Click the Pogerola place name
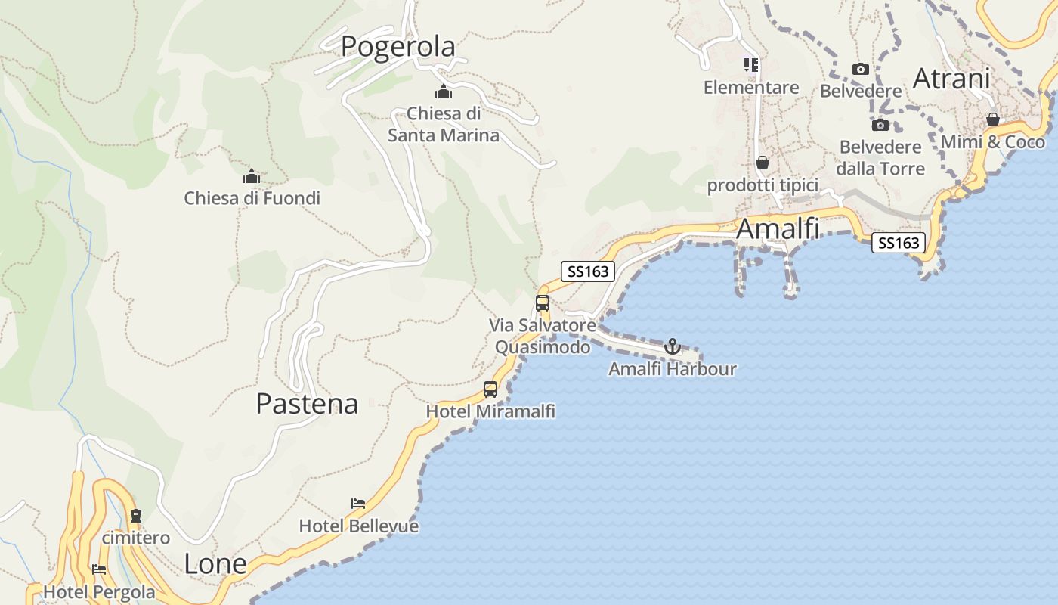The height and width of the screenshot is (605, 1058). (x=398, y=46)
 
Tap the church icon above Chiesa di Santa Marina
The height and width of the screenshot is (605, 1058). (x=444, y=92)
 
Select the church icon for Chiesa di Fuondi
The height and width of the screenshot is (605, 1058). (x=252, y=177)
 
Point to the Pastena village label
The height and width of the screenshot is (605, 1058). (x=307, y=403)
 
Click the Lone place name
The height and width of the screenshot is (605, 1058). (x=215, y=563)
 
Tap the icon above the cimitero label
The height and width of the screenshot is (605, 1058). (x=136, y=517)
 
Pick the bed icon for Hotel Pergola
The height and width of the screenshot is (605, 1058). (x=99, y=569)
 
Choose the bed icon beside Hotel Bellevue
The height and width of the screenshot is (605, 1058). (x=358, y=503)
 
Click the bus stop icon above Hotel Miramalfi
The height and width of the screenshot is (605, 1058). (x=490, y=389)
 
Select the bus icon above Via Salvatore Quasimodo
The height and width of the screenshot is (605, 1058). (x=543, y=303)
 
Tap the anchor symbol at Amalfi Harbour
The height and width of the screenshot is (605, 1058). (x=672, y=346)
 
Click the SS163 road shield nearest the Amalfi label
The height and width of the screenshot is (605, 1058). (x=899, y=243)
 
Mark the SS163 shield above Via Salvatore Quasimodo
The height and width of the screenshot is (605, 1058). (x=588, y=271)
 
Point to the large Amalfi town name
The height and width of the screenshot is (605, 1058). (x=778, y=228)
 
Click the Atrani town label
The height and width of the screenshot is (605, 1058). (x=951, y=78)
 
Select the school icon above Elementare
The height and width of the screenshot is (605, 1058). (x=750, y=65)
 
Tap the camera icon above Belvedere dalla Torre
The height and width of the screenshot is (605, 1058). (x=880, y=125)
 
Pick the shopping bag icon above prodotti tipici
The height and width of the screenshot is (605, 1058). (x=763, y=163)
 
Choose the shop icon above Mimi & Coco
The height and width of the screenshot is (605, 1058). (x=993, y=120)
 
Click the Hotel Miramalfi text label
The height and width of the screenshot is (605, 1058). (x=490, y=411)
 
